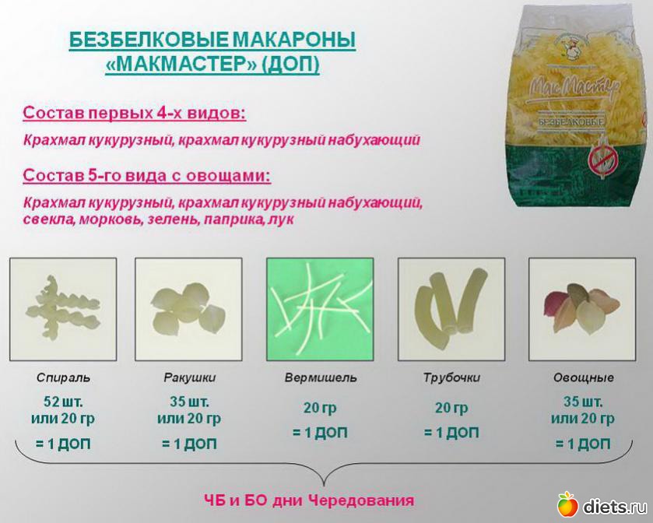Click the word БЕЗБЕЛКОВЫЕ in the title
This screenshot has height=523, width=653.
pyautogui.click(x=149, y=40)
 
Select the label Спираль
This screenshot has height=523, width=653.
pyautogui.click(x=63, y=377)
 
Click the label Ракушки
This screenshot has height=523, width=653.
pyautogui.click(x=189, y=377)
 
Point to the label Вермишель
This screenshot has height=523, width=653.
pyautogui.click(x=321, y=377)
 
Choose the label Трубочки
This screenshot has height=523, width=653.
pyautogui.click(x=452, y=377)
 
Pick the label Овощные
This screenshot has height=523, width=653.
pyautogui.click(x=583, y=377)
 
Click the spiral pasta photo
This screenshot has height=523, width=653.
pyautogui.click(x=63, y=310)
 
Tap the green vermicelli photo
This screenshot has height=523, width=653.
pyautogui.click(x=320, y=310)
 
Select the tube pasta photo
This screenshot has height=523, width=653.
pyautogui.click(x=451, y=310)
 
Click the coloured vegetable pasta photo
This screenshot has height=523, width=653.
pyautogui.click(x=582, y=310)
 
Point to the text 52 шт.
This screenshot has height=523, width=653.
pyautogui.click(x=63, y=402)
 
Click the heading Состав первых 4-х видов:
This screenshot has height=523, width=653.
pyautogui.click(x=134, y=113)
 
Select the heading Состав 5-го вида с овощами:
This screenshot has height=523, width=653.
pyautogui.click(x=146, y=175)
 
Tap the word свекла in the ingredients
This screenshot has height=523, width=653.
pyautogui.click(x=48, y=219)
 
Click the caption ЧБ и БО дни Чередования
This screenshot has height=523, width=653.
pyautogui.click(x=310, y=500)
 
